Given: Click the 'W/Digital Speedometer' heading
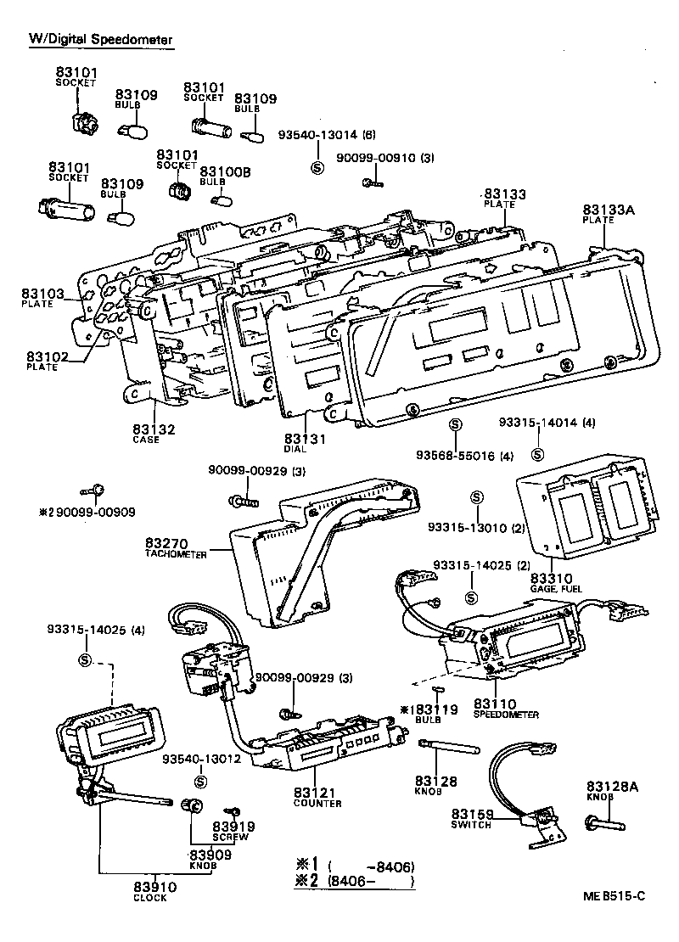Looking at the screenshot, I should coord(101,39).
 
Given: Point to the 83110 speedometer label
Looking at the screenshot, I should coord(495,704).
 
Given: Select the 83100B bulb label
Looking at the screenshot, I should coord(225,171).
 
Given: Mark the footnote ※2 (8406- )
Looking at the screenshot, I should coord(354,882).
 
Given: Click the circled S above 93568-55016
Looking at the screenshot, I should coord(454,424).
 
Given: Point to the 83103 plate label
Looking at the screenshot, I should coord(42,294).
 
